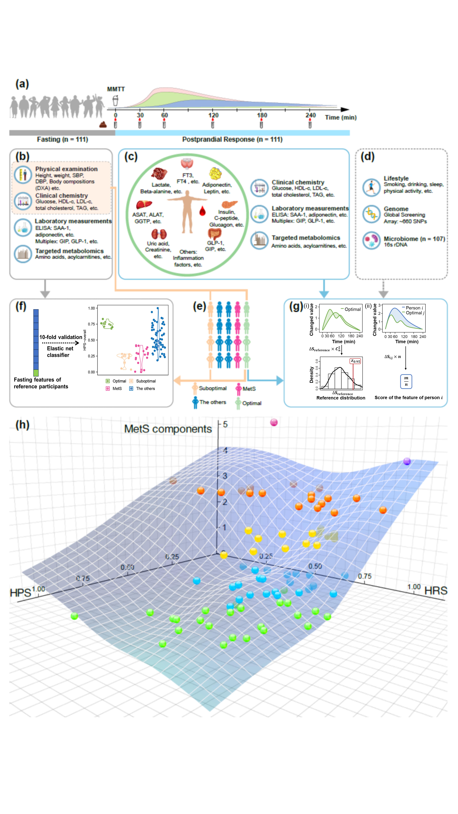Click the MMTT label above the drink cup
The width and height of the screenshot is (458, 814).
click(x=116, y=89)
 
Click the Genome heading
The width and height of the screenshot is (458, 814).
click(x=396, y=209)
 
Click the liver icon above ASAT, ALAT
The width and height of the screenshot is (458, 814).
click(x=144, y=205)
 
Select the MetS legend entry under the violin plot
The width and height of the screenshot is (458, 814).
click(x=117, y=389)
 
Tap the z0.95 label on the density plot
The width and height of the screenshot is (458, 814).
click(x=355, y=361)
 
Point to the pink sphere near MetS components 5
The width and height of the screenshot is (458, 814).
click(x=274, y=422)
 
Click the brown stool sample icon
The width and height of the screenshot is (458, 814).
click(x=103, y=125)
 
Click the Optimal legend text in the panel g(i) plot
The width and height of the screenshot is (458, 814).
click(x=352, y=309)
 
